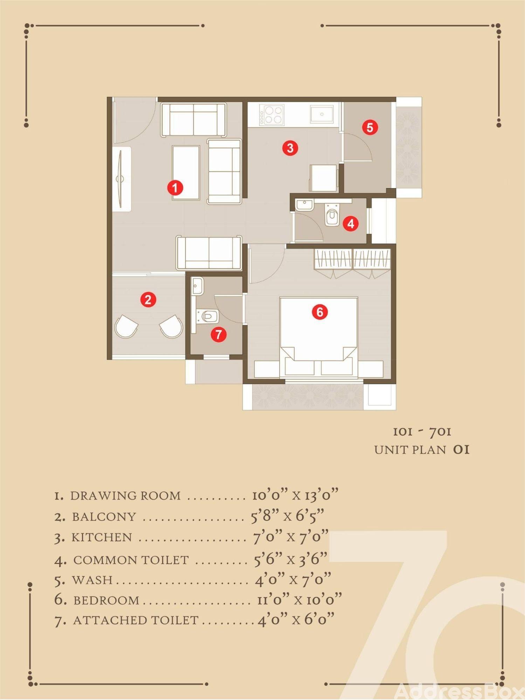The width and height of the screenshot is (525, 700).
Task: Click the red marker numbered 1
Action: pyautogui.click(x=175, y=188)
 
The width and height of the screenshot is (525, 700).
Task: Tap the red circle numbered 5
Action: pyautogui.click(x=370, y=127)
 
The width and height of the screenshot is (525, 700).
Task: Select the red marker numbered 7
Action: pyautogui.click(x=219, y=335)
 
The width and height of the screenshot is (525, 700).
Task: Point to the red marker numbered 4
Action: pyautogui.click(x=351, y=223)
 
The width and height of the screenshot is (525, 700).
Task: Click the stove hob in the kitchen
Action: pyautogui.click(x=271, y=115)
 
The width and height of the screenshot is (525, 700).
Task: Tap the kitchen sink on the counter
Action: pyautogui.click(x=322, y=114)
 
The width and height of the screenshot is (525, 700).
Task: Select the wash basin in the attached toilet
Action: pyautogui.click(x=198, y=287)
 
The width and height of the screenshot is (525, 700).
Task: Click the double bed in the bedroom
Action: pyautogui.click(x=319, y=338)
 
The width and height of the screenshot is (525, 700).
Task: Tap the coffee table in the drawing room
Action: pyautogui.click(x=186, y=173)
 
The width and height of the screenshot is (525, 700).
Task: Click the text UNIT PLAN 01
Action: pyautogui.click(x=422, y=450)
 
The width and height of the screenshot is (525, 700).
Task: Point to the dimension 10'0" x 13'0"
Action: pyautogui.click(x=296, y=495)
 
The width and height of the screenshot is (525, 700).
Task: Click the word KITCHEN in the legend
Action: pyautogui.click(x=102, y=538)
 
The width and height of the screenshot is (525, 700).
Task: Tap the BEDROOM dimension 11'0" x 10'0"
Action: pyautogui.click(x=299, y=600)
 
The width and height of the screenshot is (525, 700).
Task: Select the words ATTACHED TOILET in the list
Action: pyautogui.click(x=136, y=620)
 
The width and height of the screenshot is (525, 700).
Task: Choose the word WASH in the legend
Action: pyautogui.click(x=92, y=580)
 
